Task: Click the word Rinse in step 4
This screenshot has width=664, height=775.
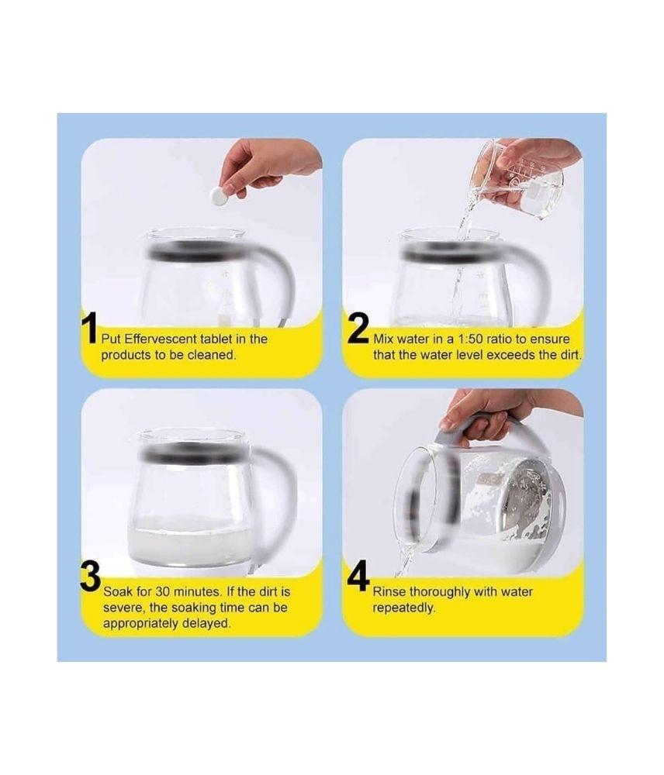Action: (389, 591)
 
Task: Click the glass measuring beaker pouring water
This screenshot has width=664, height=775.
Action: (517, 180)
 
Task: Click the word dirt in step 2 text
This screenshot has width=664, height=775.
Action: (569, 355)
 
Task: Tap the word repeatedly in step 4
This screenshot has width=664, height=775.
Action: (403, 608)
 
